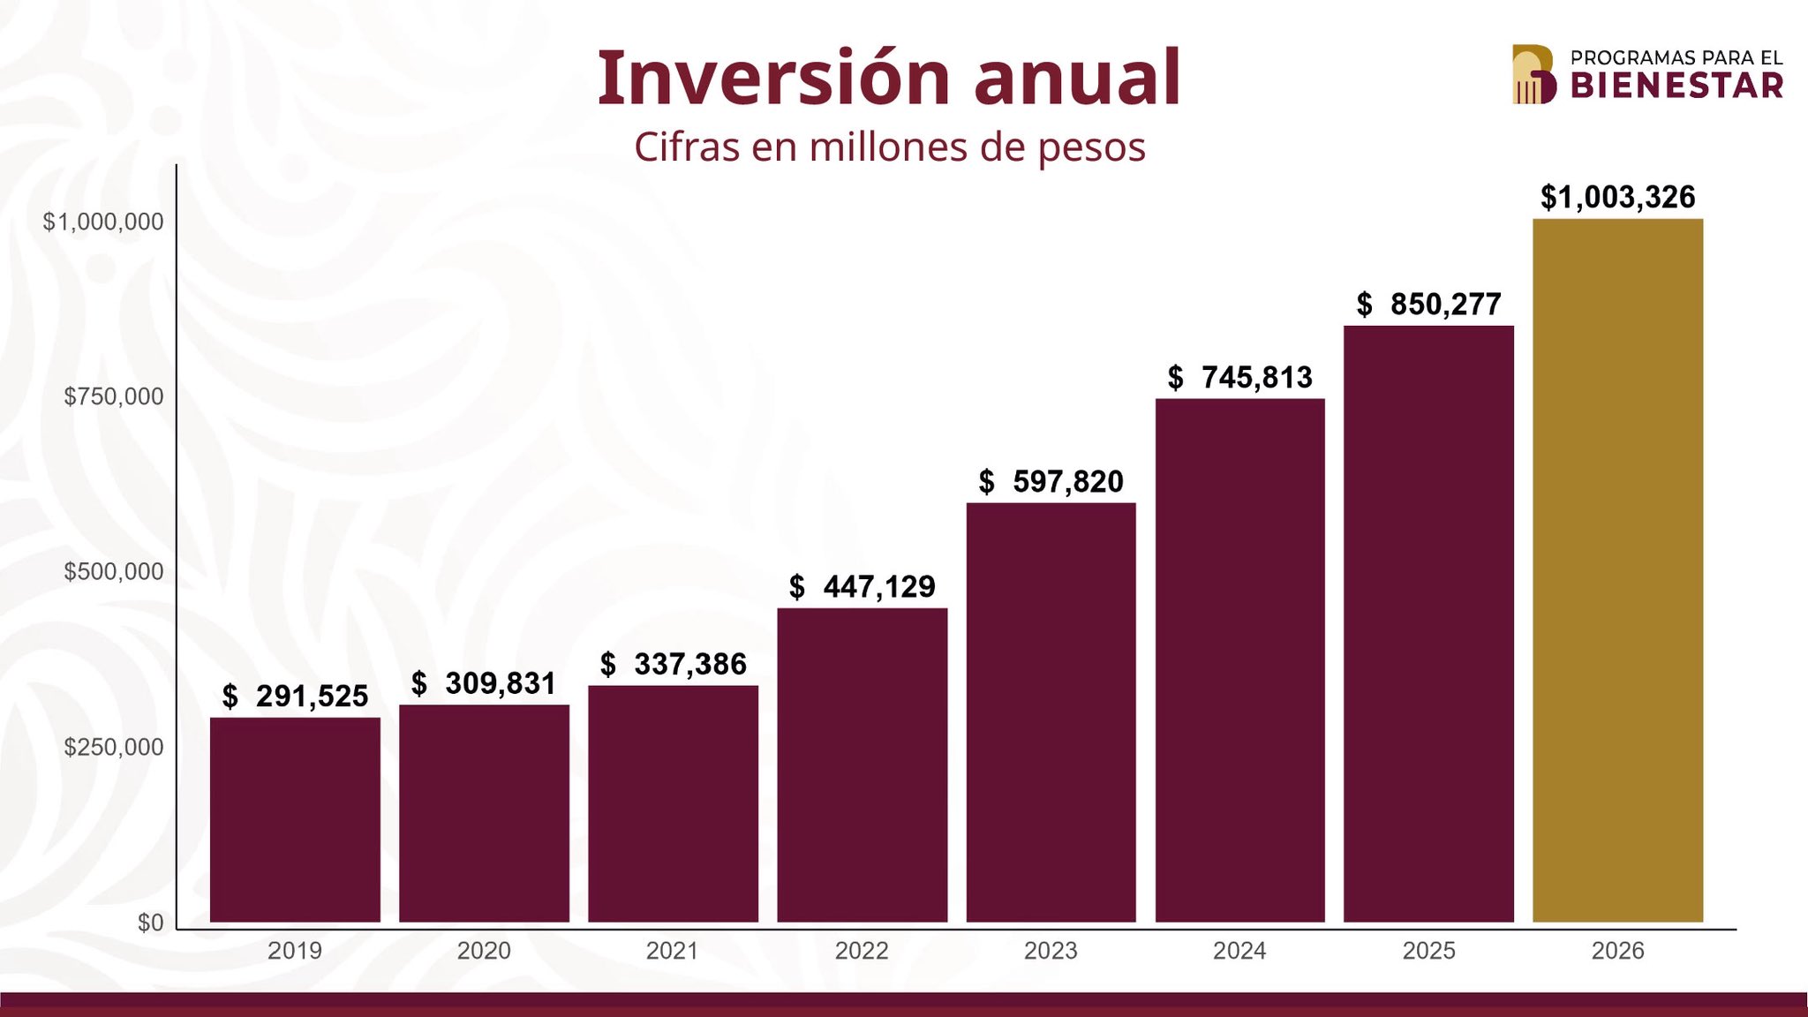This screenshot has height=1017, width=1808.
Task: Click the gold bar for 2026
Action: click(x=1617, y=570)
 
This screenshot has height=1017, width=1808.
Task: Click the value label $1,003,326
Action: click(x=1617, y=197)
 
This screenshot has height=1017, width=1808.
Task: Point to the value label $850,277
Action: click(x=1428, y=305)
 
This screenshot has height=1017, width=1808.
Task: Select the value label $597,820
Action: click(x=1051, y=482)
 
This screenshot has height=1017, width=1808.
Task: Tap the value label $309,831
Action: click(x=484, y=683)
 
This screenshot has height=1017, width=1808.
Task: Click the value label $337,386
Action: click(x=673, y=664)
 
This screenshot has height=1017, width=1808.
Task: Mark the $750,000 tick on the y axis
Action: click(x=114, y=396)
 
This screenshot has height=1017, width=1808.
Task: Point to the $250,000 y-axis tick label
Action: click(x=114, y=747)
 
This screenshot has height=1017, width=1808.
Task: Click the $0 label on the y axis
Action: click(x=150, y=923)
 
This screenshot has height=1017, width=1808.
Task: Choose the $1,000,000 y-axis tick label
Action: click(x=103, y=222)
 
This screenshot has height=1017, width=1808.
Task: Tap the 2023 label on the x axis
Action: click(x=1051, y=951)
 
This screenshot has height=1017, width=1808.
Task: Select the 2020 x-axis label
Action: click(x=484, y=951)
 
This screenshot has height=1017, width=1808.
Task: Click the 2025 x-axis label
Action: click(x=1428, y=951)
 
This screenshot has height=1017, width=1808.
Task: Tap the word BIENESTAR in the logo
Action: click(x=1676, y=86)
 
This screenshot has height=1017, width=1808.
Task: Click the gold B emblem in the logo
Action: click(x=1533, y=74)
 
